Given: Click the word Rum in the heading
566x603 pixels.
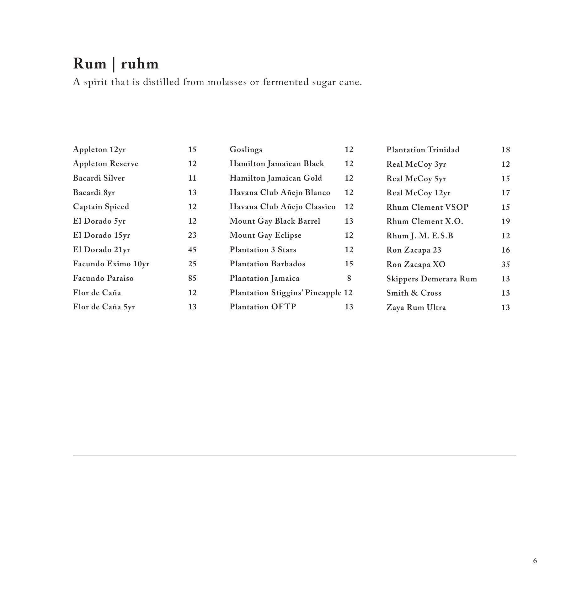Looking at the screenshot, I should (x=90, y=64).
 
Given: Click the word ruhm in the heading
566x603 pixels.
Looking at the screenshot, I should (x=140, y=64).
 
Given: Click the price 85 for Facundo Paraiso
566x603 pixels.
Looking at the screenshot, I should (x=192, y=278).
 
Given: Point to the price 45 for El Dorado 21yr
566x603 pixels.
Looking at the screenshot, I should (x=192, y=250).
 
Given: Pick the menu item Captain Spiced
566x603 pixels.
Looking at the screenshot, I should (x=101, y=207).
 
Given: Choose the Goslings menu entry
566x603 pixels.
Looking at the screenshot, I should (x=246, y=149).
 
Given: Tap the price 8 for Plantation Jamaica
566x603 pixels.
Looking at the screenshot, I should (x=349, y=278).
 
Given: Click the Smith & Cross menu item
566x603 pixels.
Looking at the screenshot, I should (x=414, y=293).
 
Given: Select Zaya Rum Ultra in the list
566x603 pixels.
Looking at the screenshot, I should (x=416, y=307).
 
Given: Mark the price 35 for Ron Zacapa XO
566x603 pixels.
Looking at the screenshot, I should (x=505, y=264).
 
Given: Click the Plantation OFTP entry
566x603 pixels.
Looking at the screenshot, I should (x=263, y=307).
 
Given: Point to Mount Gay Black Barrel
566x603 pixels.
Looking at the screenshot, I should (x=275, y=221).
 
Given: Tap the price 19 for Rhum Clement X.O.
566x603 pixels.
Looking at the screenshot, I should (x=505, y=221).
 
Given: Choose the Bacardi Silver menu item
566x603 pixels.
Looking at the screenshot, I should (x=99, y=178).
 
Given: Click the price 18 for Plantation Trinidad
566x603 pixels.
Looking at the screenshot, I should (x=505, y=150).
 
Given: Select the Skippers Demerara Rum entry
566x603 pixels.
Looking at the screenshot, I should (x=432, y=279).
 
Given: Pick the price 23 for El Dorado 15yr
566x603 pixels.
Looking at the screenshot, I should (x=192, y=235).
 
